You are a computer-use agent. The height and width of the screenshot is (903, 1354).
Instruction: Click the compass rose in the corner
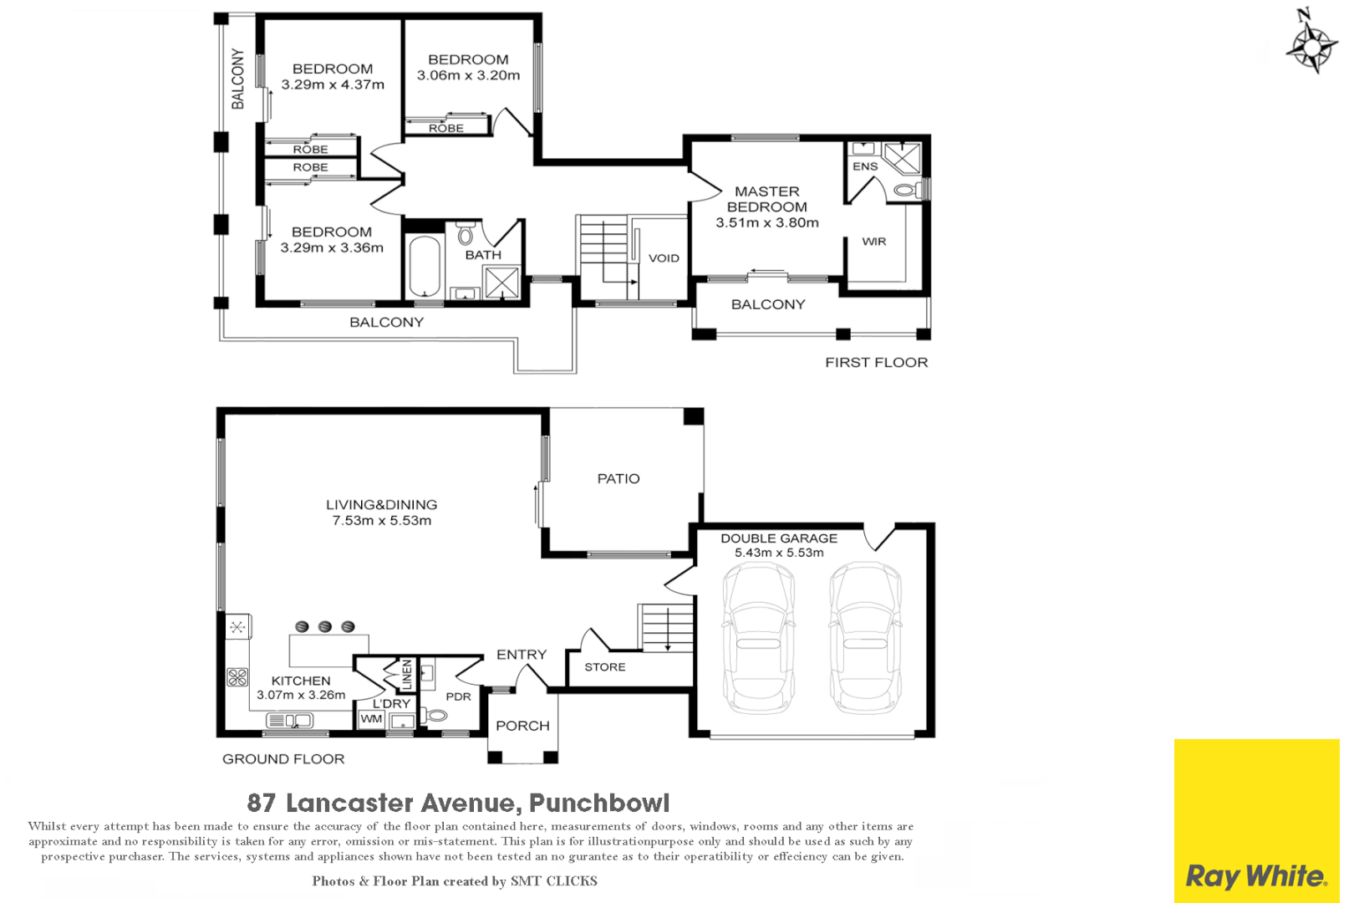(1311, 46)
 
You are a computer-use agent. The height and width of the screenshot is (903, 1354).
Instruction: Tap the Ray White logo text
(1256, 876)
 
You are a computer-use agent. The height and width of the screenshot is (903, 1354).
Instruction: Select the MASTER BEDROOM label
(767, 199)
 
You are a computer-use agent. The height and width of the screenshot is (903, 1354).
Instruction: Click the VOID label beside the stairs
(664, 258)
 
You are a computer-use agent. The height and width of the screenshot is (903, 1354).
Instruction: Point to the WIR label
(874, 242)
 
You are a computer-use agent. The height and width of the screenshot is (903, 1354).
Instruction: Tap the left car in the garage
(759, 637)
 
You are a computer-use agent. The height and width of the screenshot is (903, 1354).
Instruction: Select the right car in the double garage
(866, 637)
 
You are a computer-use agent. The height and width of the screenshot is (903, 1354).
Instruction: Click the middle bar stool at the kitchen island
(325, 626)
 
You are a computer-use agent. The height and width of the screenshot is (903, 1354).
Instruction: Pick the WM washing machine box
(371, 719)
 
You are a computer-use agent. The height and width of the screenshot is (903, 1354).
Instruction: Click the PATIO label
(618, 478)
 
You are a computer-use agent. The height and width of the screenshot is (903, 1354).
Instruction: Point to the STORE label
(605, 667)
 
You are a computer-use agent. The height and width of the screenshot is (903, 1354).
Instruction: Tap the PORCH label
(523, 726)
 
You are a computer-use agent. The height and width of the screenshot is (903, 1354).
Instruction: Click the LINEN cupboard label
(406, 675)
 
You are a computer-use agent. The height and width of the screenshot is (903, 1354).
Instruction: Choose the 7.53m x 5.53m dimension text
(381, 521)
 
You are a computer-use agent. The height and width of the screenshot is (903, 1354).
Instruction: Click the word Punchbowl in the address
(599, 803)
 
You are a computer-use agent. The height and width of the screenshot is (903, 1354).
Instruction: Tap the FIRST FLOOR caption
(877, 362)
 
